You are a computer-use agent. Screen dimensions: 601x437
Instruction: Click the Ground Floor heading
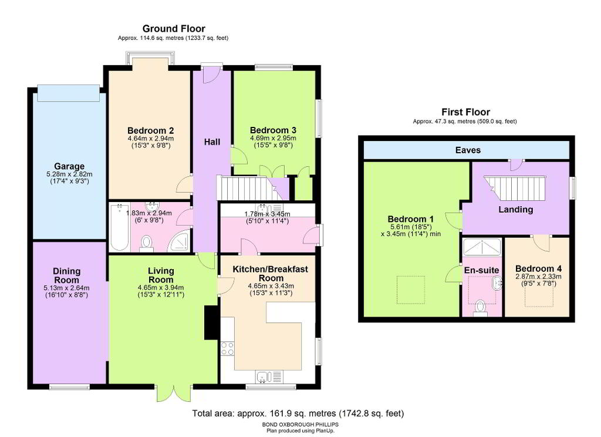tap(174, 29)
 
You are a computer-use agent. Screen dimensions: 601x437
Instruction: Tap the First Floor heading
tap(465, 112)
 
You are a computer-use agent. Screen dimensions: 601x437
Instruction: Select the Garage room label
tap(69, 166)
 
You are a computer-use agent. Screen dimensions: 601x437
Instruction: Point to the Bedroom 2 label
tap(151, 131)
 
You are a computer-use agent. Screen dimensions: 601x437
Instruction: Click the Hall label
tap(212, 142)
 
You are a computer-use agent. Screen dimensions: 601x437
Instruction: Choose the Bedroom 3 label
tap(273, 130)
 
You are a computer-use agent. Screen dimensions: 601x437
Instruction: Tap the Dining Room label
tap(67, 275)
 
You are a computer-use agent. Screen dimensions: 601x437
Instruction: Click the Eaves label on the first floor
tap(468, 150)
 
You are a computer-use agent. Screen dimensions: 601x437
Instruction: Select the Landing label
tap(515, 210)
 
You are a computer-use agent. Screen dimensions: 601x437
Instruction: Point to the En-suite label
tap(481, 270)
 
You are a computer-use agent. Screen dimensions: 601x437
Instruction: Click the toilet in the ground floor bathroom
tap(146, 244)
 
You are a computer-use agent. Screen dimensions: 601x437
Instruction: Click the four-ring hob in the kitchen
tap(227, 349)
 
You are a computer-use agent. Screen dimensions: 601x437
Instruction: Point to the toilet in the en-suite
tap(480, 308)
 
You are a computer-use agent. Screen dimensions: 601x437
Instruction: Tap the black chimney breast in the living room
tap(211, 322)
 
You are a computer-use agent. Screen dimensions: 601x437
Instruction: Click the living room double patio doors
tap(174, 392)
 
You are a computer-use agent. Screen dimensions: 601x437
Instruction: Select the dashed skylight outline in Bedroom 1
tap(411, 290)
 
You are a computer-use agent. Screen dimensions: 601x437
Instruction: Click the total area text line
tap(298, 414)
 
